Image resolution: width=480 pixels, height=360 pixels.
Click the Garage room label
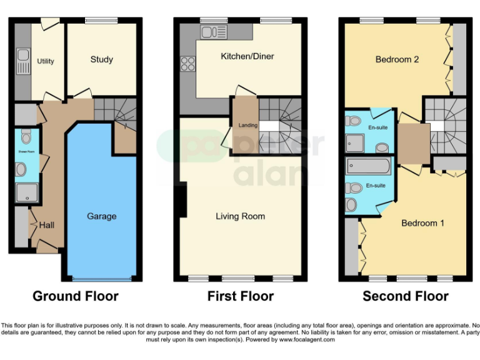[x=101, y=216]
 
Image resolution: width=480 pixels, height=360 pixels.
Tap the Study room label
[x=101, y=60]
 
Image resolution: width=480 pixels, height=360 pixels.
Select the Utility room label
[x=46, y=61]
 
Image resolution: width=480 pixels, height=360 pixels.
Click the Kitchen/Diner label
[x=247, y=57]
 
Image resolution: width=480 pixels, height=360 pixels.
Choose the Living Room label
[x=240, y=216]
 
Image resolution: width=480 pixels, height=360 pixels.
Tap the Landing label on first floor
[x=248, y=126]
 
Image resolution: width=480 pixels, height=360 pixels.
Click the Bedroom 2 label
[x=397, y=60]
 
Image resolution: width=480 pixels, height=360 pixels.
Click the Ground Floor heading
[x=75, y=296]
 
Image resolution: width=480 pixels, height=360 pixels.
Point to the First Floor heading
[x=241, y=296]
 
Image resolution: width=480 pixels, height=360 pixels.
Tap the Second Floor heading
[x=406, y=296]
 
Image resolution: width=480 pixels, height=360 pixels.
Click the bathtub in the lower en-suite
[x=367, y=167]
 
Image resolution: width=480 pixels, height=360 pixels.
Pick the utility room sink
[x=22, y=60]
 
